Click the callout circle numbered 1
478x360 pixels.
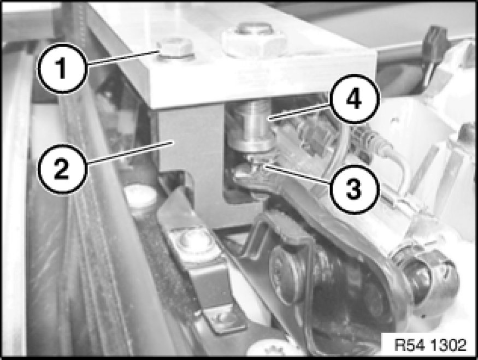62,68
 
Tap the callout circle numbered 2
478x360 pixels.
62,169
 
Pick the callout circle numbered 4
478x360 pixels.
354,99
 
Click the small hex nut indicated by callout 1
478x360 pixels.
175,49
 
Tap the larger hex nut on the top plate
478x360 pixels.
253,40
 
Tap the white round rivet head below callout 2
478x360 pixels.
140,198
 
